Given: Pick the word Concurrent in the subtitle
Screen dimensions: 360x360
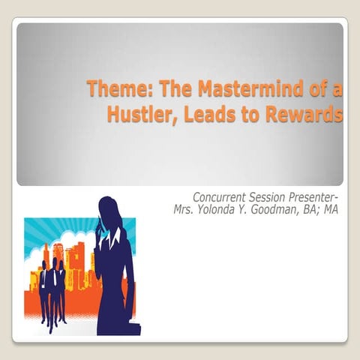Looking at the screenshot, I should (x=223, y=197).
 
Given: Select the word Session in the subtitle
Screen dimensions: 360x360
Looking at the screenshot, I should (x=271, y=197).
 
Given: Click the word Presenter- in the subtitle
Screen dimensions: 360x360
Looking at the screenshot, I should (x=315, y=197).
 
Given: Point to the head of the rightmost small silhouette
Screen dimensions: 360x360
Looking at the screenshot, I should (x=60, y=263).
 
